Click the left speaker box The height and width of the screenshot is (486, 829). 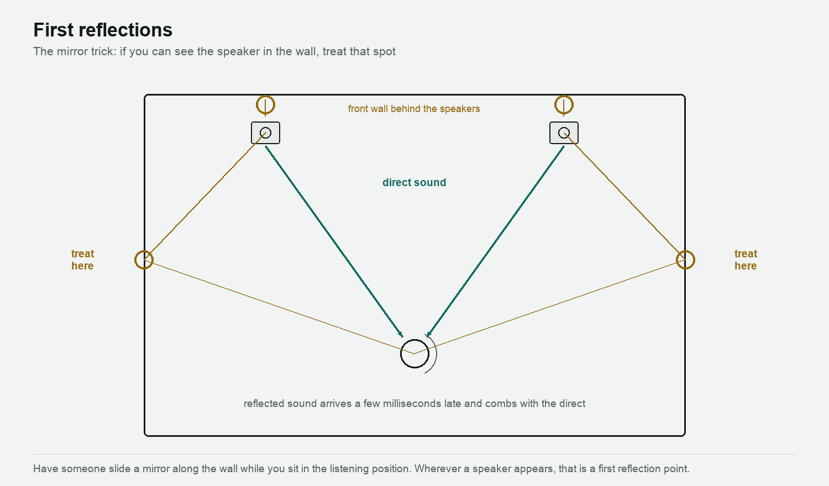(x=265, y=133)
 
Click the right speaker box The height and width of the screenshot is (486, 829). (x=564, y=133)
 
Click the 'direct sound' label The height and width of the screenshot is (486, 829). (x=414, y=182)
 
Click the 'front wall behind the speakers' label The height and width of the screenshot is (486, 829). (x=414, y=109)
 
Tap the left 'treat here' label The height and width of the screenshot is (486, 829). (x=82, y=260)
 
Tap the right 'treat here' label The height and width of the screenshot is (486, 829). (x=746, y=260)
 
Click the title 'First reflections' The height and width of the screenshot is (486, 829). (x=103, y=30)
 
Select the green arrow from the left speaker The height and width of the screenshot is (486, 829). (x=334, y=241)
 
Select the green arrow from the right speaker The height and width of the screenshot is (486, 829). (x=495, y=241)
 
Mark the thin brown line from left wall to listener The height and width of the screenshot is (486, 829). (x=279, y=307)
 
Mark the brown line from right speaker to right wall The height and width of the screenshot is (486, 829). (x=625, y=197)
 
